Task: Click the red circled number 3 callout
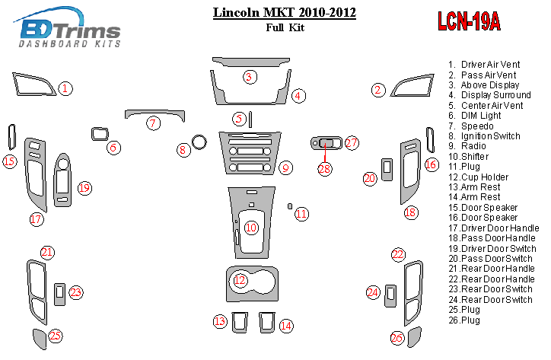[249, 76]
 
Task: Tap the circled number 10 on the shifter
[251, 228]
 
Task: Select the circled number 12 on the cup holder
[240, 281]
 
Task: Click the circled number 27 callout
[351, 142]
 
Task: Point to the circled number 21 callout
[48, 253]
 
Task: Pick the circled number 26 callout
[397, 338]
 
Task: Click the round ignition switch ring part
[200, 142]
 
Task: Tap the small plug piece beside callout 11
[289, 205]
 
